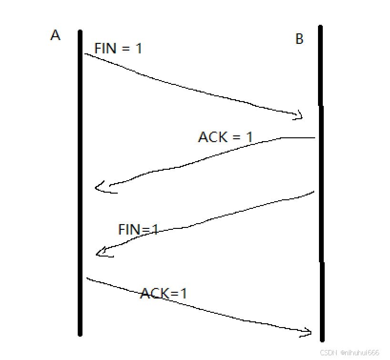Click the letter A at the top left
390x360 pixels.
click(x=55, y=35)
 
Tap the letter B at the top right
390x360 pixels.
click(x=299, y=39)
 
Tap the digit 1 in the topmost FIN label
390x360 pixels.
click(x=138, y=48)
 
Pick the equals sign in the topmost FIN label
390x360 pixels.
click(x=125, y=49)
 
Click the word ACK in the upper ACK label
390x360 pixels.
click(x=213, y=137)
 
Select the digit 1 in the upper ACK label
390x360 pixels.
click(x=248, y=137)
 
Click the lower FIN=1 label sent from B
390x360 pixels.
click(x=138, y=229)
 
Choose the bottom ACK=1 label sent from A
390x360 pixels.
click(x=163, y=293)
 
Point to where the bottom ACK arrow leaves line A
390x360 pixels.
click(x=87, y=278)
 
